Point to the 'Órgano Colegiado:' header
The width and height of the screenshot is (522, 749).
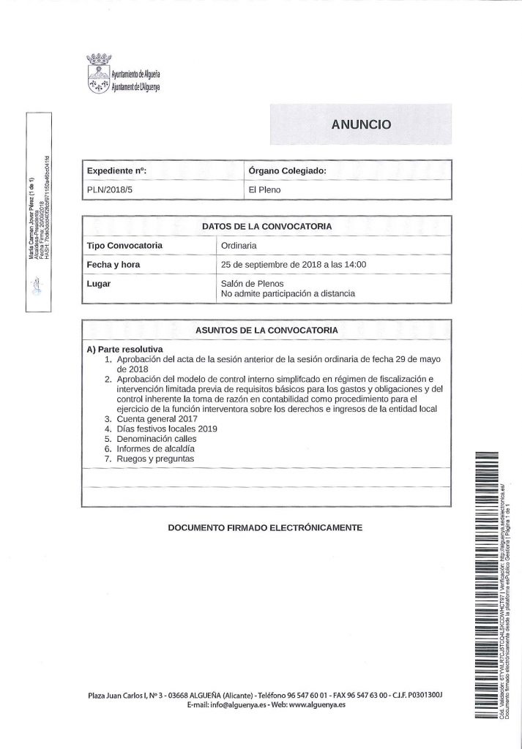[287, 170]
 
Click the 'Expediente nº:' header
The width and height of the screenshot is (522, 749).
[117, 170]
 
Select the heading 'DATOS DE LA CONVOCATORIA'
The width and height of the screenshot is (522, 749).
[266, 226]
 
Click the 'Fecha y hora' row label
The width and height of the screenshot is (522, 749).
[113, 264]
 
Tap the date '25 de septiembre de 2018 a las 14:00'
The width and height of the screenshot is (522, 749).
[293, 264]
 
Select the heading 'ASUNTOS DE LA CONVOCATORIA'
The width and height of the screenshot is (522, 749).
[266, 330]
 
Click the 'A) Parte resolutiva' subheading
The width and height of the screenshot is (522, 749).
[124, 350]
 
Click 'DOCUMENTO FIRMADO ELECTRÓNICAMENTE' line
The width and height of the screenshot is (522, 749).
[265, 526]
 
